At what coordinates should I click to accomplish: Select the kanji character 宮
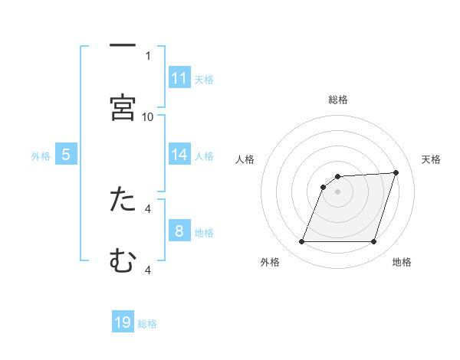[x=123, y=108]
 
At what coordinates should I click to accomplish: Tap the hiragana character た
[x=123, y=200]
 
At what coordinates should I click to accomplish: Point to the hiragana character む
[x=123, y=261]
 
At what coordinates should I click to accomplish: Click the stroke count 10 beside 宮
[x=148, y=116]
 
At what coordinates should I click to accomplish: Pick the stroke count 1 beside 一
[x=148, y=55]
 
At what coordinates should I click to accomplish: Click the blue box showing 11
[x=179, y=78]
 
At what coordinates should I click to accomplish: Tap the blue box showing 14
[x=179, y=155]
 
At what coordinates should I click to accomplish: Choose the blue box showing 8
[x=179, y=231]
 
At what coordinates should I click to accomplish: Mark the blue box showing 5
[x=66, y=155]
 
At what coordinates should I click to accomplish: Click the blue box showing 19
[x=123, y=322]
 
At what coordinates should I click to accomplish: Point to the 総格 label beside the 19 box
[x=147, y=324]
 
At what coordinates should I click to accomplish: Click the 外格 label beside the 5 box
[x=41, y=155]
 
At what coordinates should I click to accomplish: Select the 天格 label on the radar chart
[x=431, y=159]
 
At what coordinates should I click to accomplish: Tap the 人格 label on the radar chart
[x=245, y=159]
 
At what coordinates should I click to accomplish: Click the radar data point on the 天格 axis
[x=396, y=172]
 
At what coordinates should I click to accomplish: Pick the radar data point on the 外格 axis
[x=301, y=242]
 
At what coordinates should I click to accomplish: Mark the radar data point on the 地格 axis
[x=374, y=242]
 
